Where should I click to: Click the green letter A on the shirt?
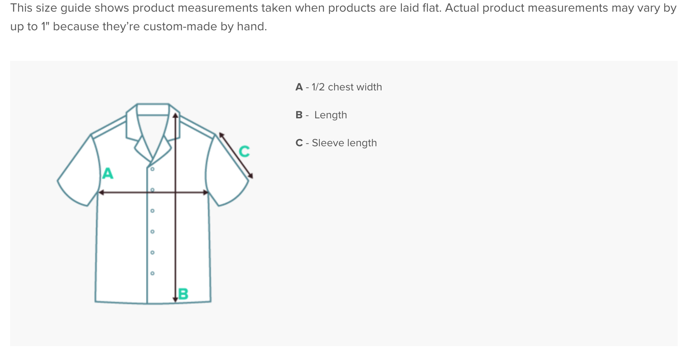click(108, 173)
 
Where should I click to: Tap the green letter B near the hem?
click(183, 294)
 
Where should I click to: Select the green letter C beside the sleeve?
click(244, 151)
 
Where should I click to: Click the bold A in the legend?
click(299, 87)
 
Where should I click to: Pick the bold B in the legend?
click(299, 115)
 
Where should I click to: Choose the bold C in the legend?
click(299, 143)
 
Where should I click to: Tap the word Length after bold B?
click(331, 115)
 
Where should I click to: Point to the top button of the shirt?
click(153, 169)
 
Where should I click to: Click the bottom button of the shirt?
click(153, 273)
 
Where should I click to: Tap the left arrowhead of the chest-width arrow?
click(101, 192)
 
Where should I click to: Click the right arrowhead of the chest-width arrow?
click(206, 192)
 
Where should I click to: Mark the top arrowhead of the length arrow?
click(175, 115)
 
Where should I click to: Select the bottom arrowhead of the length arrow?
click(175, 299)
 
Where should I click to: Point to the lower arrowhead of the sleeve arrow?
click(251, 176)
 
